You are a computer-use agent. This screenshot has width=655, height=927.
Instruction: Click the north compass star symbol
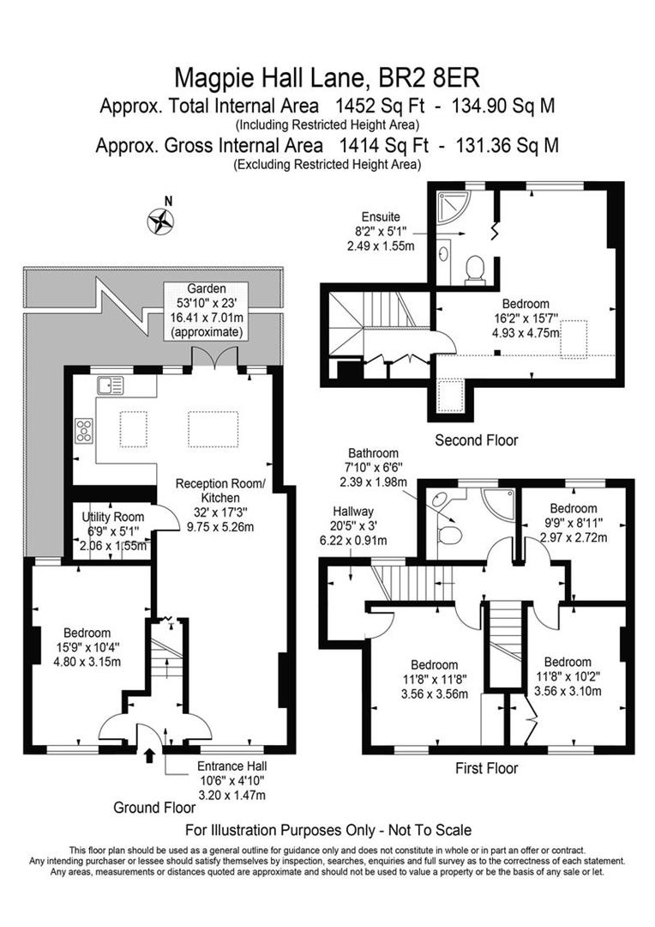(160, 221)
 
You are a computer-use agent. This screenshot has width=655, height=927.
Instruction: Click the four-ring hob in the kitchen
(86, 430)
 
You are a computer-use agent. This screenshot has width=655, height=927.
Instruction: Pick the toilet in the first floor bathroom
(448, 536)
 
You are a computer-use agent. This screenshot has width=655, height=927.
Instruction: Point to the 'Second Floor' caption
(477, 440)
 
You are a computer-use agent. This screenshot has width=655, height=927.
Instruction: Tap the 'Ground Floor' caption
(148, 808)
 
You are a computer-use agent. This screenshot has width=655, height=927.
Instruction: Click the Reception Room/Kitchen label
(221, 491)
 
